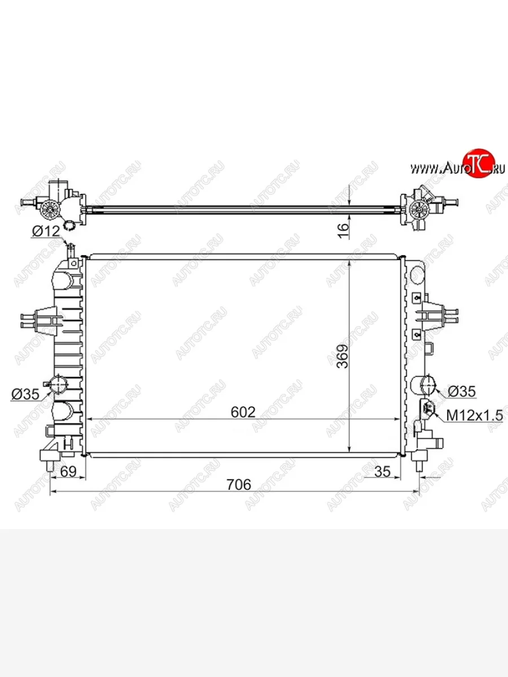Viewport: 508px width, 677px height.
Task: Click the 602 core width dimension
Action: point(243,412)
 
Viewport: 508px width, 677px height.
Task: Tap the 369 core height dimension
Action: point(343,356)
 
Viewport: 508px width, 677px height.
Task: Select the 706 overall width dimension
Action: point(239,484)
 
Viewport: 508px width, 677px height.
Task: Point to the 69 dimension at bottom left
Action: point(68,471)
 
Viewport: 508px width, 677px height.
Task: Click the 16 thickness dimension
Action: point(343,231)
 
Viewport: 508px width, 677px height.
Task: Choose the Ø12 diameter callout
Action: point(46,231)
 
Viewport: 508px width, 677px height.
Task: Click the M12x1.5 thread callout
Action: point(475,416)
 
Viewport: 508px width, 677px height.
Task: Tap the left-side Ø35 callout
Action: point(25,394)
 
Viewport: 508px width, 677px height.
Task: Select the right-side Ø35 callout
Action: point(462,392)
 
